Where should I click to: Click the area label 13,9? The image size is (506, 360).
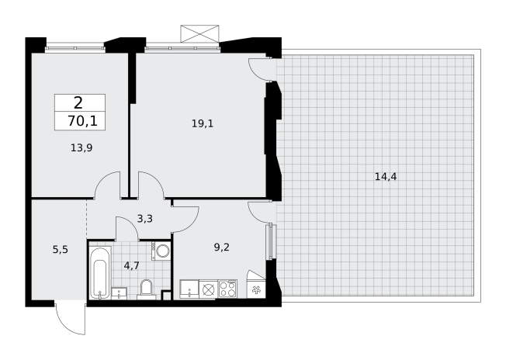[81, 148]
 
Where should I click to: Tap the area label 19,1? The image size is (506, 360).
[203, 123]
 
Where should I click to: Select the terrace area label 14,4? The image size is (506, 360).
[386, 176]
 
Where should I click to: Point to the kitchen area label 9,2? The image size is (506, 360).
[222, 247]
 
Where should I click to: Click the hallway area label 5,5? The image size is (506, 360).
[61, 249]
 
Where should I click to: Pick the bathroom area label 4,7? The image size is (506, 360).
[132, 266]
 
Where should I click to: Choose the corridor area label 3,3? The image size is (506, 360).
[145, 219]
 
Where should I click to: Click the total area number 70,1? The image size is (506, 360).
[82, 121]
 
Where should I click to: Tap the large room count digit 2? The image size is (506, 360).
[78, 103]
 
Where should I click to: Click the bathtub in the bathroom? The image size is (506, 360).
[100, 272]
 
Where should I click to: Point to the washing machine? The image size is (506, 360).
[161, 251]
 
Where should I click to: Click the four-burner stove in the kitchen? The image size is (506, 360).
[227, 289]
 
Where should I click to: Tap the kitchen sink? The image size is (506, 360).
[189, 289]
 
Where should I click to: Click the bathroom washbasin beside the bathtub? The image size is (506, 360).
[119, 293]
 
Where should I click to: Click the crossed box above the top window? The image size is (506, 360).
[199, 33]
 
